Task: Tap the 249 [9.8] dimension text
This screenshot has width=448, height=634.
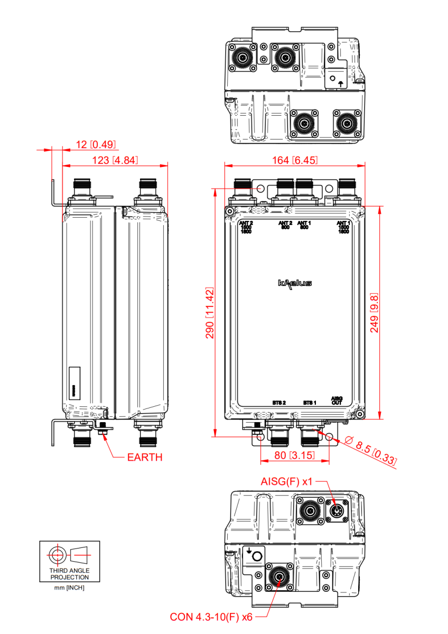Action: pos(374,312)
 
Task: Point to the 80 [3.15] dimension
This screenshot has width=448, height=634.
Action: pos(294,454)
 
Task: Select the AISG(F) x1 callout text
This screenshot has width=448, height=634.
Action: pos(287,482)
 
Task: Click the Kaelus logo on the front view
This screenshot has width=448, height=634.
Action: pos(294,283)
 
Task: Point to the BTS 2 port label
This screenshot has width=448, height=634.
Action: pos(279,403)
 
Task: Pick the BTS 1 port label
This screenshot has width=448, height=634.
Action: pos(310,403)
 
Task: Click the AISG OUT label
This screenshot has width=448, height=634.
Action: pos(337,400)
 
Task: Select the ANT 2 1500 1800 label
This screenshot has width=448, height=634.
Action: pos(246,227)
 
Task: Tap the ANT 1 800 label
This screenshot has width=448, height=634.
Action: pos(304,225)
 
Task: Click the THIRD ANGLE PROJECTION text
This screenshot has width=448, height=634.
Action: pos(69,574)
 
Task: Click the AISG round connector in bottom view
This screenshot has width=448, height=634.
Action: pos(338,511)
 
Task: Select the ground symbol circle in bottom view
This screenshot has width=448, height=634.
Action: pos(257,556)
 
